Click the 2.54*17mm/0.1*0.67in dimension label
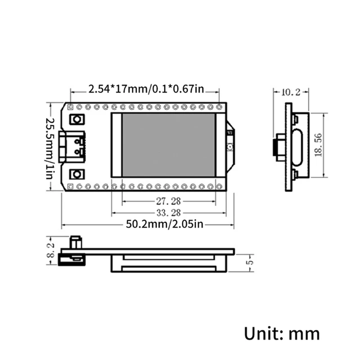[x=146, y=89]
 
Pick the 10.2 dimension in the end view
[x=290, y=93]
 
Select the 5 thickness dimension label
[x=251, y=261]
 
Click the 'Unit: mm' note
[x=282, y=333]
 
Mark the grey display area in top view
[x=168, y=145]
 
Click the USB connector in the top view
[x=73, y=147]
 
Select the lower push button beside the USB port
[x=77, y=174]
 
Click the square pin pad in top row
[x=70, y=107]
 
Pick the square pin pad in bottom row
[x=70, y=186]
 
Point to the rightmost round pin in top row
[x=219, y=107]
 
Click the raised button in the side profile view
[x=76, y=242]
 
